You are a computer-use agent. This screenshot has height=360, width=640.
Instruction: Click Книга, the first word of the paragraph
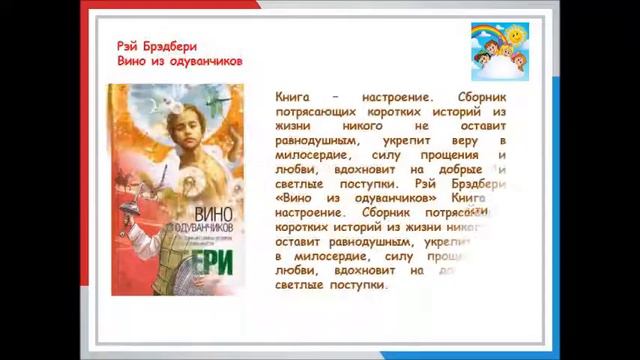coord(295,98)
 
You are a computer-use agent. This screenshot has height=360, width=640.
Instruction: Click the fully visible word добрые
coord(468,170)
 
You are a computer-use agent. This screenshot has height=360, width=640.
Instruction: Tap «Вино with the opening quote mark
coord(294,199)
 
